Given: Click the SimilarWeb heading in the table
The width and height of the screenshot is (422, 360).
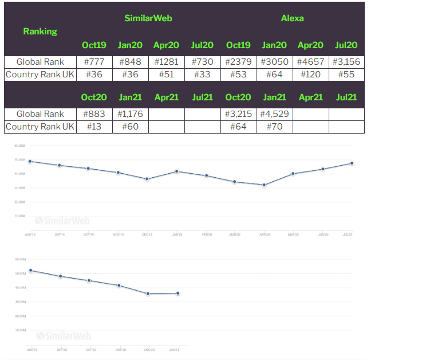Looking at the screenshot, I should pyautogui.click(x=148, y=18).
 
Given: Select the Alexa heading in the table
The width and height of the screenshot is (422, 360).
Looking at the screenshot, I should pyautogui.click(x=292, y=18).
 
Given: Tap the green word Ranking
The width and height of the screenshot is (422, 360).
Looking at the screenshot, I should pyautogui.click(x=40, y=32).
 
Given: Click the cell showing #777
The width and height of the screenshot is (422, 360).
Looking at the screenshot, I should pyautogui.click(x=94, y=62).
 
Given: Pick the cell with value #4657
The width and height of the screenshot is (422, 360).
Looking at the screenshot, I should pyautogui.click(x=310, y=62).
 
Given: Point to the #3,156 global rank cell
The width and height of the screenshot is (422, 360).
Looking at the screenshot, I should pyautogui.click(x=346, y=62).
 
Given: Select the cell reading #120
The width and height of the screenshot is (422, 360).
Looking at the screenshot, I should pyautogui.click(x=310, y=75).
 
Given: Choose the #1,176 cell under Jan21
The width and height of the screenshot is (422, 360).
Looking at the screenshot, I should pyautogui.click(x=130, y=114).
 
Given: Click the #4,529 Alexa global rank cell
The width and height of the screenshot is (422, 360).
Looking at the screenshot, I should pyautogui.click(x=274, y=114).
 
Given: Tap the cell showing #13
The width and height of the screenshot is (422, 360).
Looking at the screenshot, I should pyautogui.click(x=94, y=127).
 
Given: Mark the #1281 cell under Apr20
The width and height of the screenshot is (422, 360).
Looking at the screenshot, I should pyautogui.click(x=166, y=62).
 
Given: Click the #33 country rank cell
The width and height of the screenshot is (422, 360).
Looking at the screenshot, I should pyautogui.click(x=202, y=75).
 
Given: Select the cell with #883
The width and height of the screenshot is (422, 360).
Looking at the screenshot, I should pyautogui.click(x=94, y=114).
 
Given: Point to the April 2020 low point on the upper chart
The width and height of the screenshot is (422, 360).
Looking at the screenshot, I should pyautogui.click(x=264, y=185).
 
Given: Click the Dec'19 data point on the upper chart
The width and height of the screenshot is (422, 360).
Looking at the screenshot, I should pyautogui.click(x=147, y=179).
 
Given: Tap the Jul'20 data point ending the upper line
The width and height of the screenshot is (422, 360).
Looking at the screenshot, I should pyautogui.click(x=352, y=163).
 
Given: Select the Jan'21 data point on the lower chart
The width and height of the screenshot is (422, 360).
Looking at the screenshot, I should pyautogui.click(x=178, y=294).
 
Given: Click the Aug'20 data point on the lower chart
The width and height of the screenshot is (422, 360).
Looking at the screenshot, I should pyautogui.click(x=30, y=271).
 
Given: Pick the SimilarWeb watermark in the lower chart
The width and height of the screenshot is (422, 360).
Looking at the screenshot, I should pyautogui.click(x=63, y=335).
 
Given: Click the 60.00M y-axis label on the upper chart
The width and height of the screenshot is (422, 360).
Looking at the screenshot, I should pyautogui.click(x=19, y=146).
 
